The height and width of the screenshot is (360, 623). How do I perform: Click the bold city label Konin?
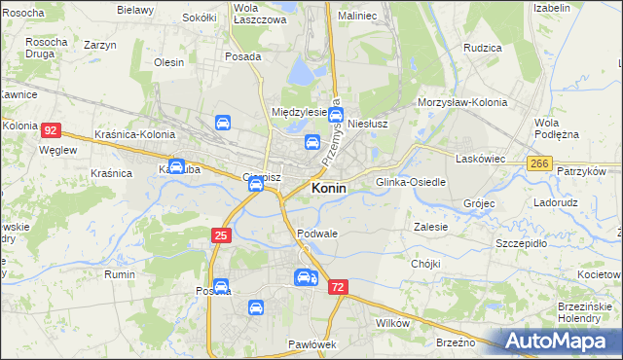328,189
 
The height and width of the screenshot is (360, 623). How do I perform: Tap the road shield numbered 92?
53,129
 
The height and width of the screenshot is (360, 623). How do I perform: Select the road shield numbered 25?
222,235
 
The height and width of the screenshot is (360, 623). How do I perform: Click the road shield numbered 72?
338,287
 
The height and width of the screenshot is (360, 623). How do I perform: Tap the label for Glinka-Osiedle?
411,182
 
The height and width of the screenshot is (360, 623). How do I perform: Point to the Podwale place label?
317,234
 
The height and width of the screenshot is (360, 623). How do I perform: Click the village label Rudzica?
483,47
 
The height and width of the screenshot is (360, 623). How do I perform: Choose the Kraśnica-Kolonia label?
135,134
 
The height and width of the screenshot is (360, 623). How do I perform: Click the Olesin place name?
168,62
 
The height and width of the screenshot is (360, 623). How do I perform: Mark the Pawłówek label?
311,344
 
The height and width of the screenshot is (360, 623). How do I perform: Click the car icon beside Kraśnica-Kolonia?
223,124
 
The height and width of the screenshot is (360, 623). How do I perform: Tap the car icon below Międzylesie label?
311,142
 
